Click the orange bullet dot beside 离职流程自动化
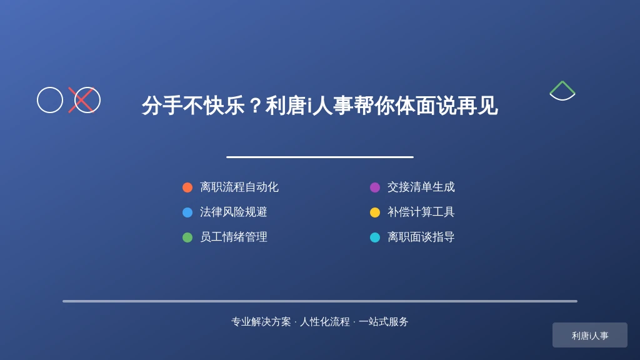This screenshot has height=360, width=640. tap(187, 187)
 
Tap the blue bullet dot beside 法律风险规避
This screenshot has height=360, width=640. tap(187, 212)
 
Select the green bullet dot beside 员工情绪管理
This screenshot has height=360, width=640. tap(187, 237)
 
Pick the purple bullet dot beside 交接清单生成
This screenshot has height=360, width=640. tap(375, 187)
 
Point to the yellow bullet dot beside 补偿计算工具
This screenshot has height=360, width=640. tap(375, 212)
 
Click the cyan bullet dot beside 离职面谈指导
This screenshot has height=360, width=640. tap(375, 237)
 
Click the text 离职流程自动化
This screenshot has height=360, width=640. tap(239, 187)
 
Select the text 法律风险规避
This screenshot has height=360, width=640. tap(234, 212)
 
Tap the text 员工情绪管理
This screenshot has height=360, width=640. tap(234, 237)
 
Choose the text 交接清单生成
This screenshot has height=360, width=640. tap(421, 187)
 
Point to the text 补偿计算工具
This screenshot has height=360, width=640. tap(421, 212)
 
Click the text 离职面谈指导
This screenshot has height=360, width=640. tap(421, 237)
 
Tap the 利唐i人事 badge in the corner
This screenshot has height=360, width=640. tap(590, 335)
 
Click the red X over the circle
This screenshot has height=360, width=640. tap(82, 100)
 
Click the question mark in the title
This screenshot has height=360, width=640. tap(256, 106)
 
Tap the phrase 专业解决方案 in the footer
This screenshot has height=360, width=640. tap(261, 322)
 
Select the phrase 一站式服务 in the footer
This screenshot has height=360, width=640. tap(383, 322)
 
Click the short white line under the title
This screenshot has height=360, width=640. tap(320, 157)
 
